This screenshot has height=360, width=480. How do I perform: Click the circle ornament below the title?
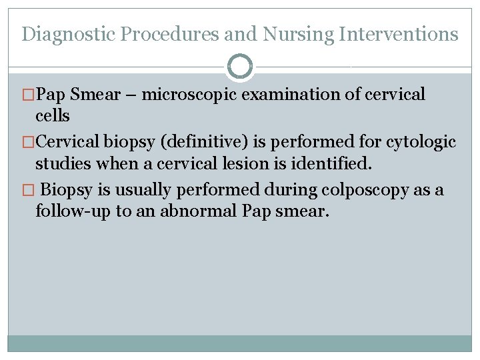(x=240, y=67)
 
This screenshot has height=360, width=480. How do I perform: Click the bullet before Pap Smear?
(x=27, y=95)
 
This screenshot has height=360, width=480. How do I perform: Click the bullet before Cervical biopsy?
(x=27, y=142)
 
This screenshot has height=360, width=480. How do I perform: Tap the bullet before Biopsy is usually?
(x=27, y=190)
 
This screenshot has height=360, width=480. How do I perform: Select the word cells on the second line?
(x=52, y=116)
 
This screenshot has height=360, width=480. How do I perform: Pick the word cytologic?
(x=421, y=142)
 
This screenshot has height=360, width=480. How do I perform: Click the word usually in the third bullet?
(x=140, y=190)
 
